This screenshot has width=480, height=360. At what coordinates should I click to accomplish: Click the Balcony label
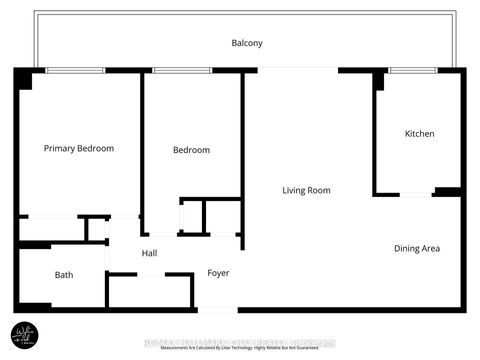pos(247,43)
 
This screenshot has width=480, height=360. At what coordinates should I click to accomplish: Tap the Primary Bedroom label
pos(79,148)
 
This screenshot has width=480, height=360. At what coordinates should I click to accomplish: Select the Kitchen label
pos(419,134)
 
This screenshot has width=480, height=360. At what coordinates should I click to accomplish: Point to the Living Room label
pos(306,190)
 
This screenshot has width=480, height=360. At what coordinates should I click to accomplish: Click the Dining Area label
pos(417,248)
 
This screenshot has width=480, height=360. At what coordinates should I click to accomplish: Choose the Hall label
pos(149,253)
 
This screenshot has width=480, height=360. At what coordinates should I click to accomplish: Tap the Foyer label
pos(218,273)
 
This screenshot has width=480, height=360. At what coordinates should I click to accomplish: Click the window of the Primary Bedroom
pos(76,70)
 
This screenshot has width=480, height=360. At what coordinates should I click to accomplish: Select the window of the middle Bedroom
pos(182,70)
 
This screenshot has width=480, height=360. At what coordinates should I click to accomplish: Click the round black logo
pos(24,333)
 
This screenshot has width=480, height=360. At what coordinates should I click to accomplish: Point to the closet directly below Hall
pos(151,291)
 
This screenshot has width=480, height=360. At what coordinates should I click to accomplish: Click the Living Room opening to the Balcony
pos(298,69)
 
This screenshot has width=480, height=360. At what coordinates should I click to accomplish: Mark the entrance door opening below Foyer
pos(218,309)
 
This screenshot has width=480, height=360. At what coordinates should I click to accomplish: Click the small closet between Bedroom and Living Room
pos(192,217)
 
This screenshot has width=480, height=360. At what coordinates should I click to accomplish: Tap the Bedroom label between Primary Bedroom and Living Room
pos(191,150)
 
